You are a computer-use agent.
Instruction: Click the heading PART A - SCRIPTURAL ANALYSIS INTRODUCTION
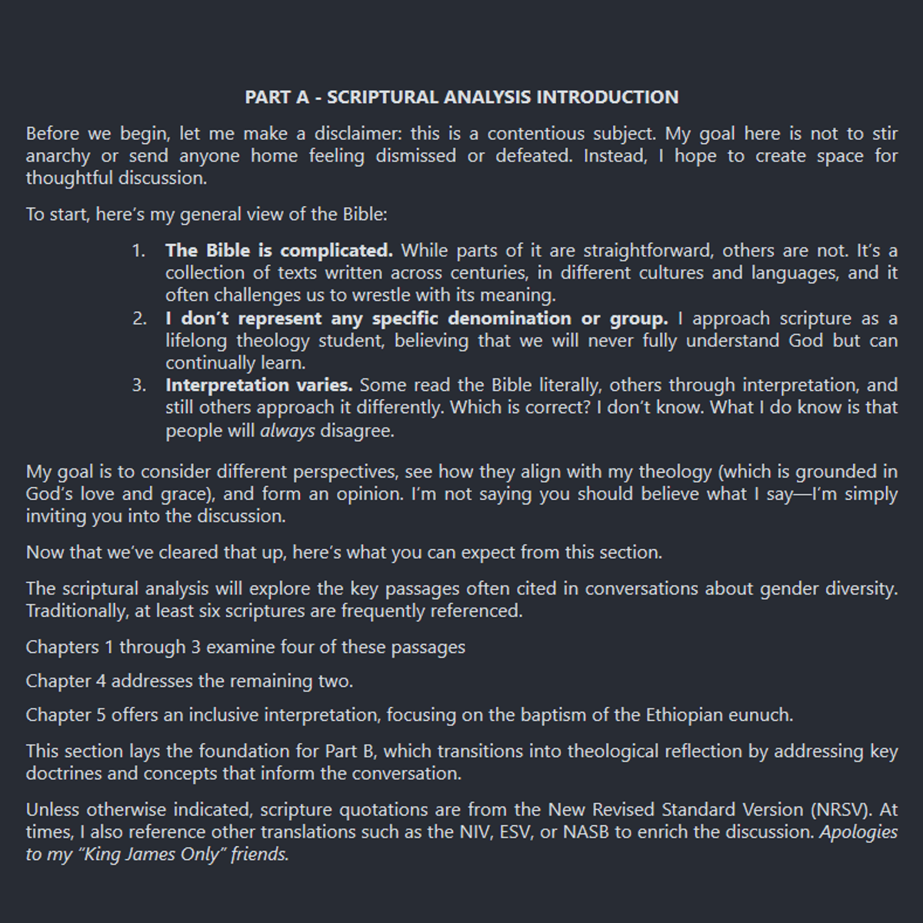click(x=461, y=98)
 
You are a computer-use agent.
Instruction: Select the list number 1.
click(x=138, y=251)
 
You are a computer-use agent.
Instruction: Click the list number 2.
click(x=138, y=318)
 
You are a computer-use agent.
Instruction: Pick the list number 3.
click(x=138, y=385)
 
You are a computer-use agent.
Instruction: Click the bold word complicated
click(x=336, y=251)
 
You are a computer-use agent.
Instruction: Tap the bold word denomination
click(x=510, y=318)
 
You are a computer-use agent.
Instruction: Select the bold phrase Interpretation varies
click(x=258, y=385)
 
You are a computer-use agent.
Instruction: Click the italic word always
click(x=287, y=431)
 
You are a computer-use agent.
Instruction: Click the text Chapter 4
click(x=66, y=681)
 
